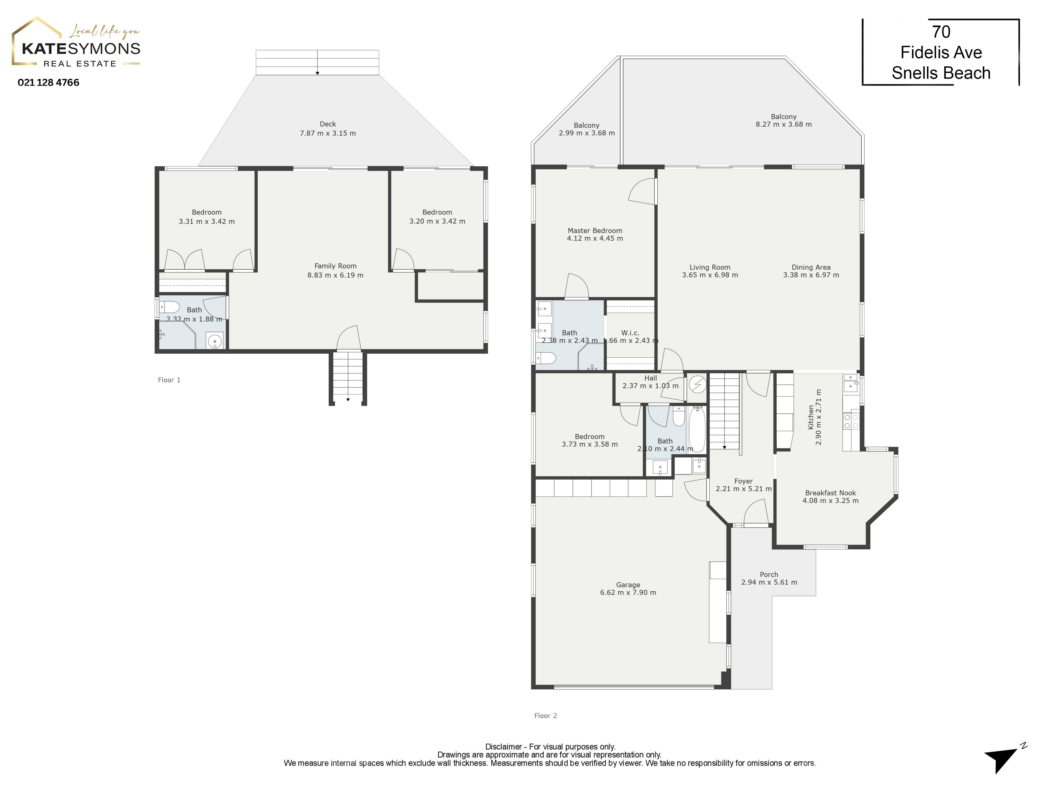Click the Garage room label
click(x=628, y=585)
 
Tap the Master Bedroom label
click(x=595, y=230)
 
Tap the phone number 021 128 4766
click(x=48, y=82)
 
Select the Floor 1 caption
click(x=169, y=380)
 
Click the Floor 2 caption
click(x=545, y=716)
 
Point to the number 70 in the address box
click(x=941, y=32)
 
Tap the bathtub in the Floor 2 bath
click(x=697, y=429)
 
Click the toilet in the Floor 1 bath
click(x=169, y=307)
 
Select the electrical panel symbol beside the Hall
click(x=697, y=385)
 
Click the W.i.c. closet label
click(x=630, y=333)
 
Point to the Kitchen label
click(x=811, y=417)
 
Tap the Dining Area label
click(x=811, y=267)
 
